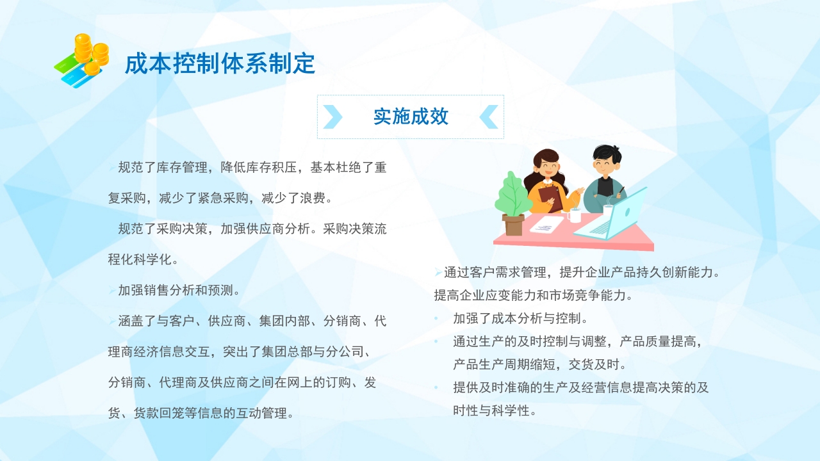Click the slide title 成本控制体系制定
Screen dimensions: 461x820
pos(220,64)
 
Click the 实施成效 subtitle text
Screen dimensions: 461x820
pos(411,117)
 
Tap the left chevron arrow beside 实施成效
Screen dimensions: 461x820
pos(332,117)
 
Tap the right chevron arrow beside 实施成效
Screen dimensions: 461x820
pos(489,117)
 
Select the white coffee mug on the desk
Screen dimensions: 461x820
pos(575,215)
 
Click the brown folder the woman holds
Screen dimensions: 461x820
pos(550,197)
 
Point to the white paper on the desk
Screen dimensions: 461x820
pos(547,225)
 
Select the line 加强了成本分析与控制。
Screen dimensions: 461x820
pos(520,318)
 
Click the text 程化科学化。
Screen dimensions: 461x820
pos(143,260)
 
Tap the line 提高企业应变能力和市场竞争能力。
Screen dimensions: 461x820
pos(533,296)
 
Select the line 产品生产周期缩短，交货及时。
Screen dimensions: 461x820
pos(539,364)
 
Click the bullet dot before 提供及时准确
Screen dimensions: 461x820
pos(436,387)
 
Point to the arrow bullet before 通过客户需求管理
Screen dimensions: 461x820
pos(438,273)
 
